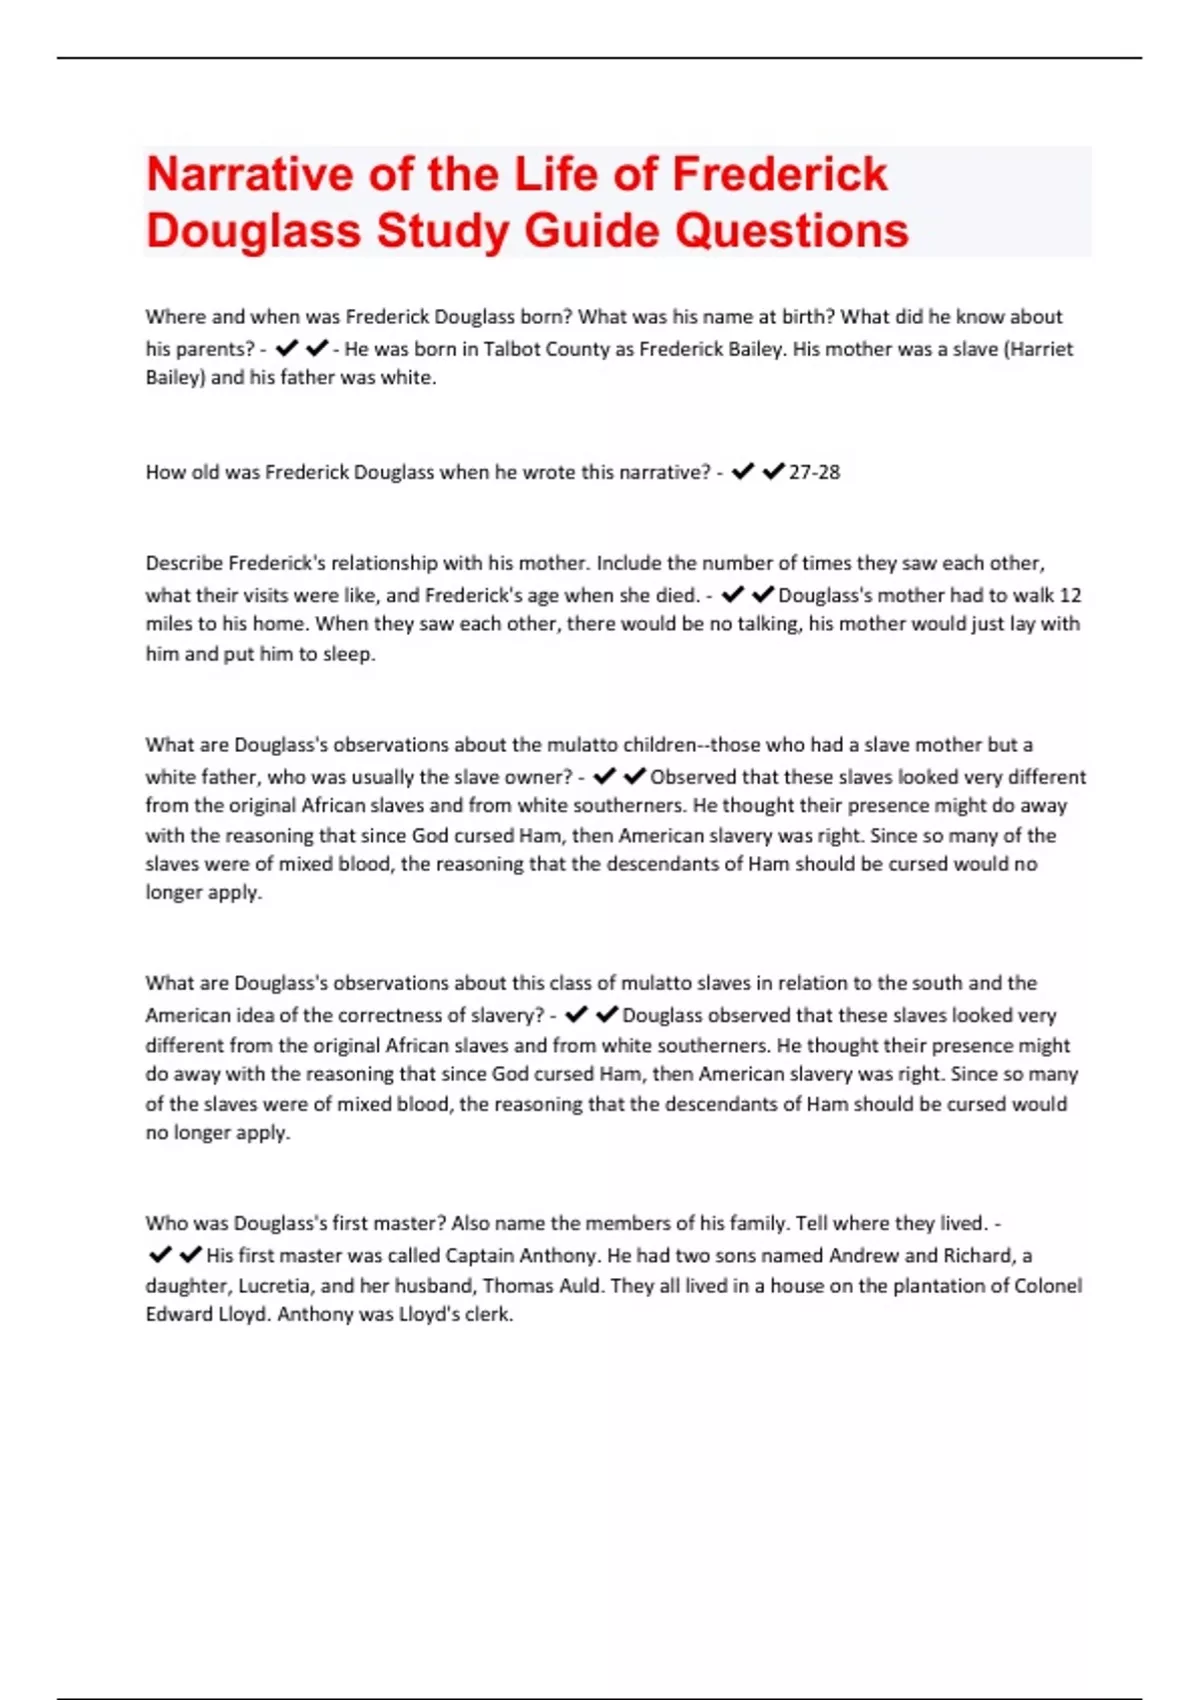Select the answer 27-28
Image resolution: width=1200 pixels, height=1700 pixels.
[814, 472]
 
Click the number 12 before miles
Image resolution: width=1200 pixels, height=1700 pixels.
[1070, 595]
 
